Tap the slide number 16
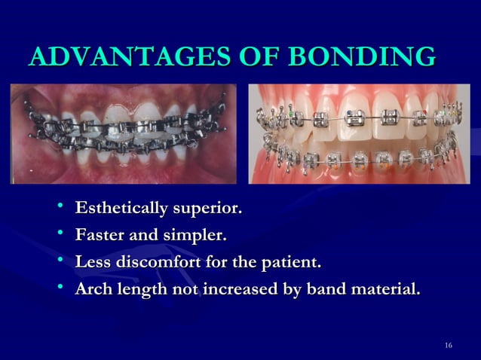[449, 346]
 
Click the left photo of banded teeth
[124, 133]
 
